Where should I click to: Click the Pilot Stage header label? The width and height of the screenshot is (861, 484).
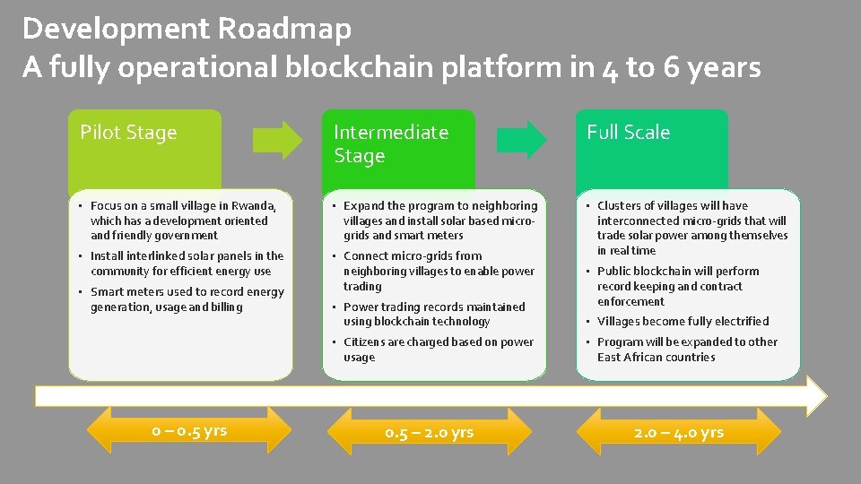128,133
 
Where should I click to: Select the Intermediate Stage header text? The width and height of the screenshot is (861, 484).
390,143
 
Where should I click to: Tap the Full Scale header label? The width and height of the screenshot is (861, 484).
628,133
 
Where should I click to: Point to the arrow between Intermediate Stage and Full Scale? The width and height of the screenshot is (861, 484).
521,139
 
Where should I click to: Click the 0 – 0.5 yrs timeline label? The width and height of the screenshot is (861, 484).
189,431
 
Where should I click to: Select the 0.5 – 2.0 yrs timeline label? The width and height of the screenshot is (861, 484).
429,433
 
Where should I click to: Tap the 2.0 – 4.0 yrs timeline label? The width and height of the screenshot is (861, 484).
678,433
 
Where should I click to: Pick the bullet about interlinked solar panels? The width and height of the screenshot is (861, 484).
186,264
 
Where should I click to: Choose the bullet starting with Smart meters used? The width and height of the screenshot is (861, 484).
186,299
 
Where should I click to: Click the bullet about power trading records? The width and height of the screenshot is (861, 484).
433,314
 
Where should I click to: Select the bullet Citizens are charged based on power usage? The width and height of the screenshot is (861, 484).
438,350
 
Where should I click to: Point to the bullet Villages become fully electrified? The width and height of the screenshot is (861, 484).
683,321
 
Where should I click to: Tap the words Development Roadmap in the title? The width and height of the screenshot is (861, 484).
187,29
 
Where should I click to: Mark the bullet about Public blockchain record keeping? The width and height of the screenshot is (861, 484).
677,286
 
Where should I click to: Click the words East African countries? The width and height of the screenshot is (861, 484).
656,357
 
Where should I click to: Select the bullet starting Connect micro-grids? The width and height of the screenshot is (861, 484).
438,271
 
